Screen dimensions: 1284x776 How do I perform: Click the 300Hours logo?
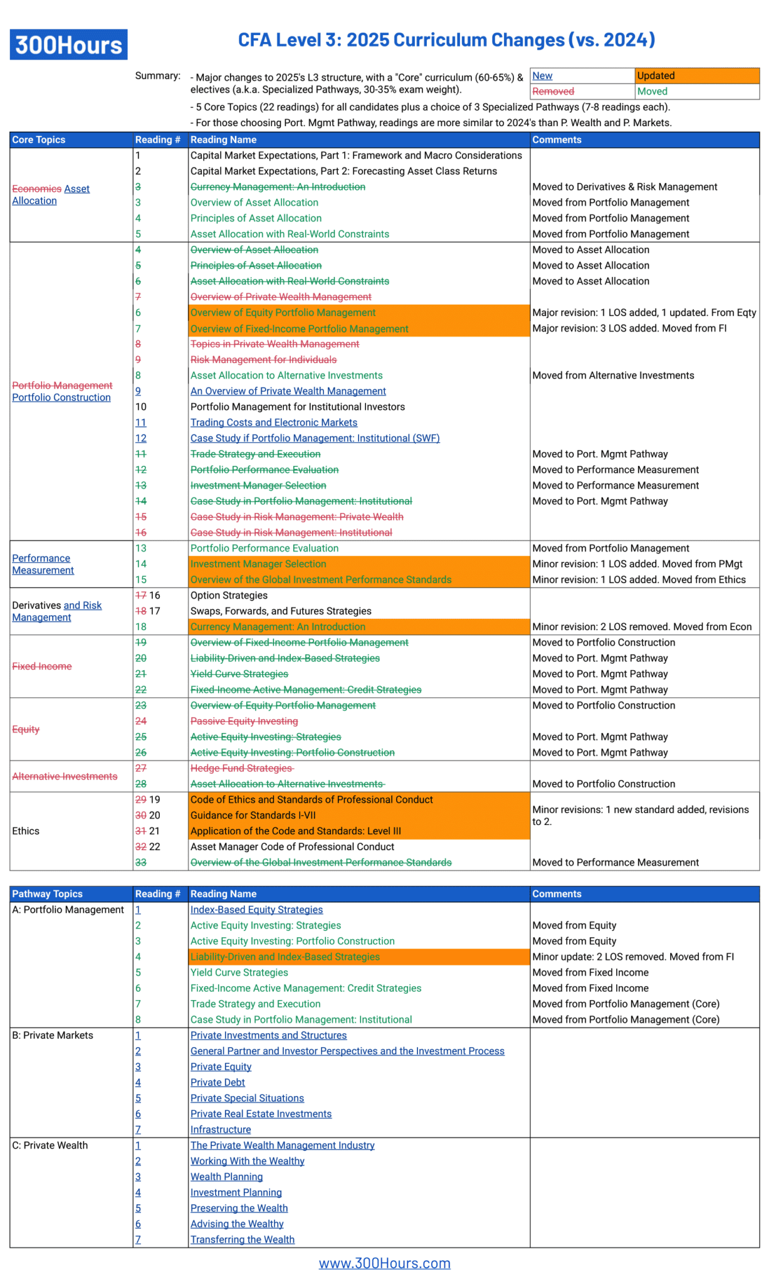pyautogui.click(x=68, y=45)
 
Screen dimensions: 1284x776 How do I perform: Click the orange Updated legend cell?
pyautogui.click(x=696, y=76)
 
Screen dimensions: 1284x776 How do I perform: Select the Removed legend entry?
pyautogui.click(x=553, y=92)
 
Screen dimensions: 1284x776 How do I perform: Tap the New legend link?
pyautogui.click(x=542, y=76)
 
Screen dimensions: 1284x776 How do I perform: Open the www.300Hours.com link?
pyautogui.click(x=384, y=1263)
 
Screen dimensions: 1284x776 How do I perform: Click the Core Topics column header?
pyautogui.click(x=39, y=140)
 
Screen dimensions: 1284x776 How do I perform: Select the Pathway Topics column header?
pyautogui.click(x=47, y=893)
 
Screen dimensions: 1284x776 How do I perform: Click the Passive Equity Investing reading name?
pyautogui.click(x=244, y=721)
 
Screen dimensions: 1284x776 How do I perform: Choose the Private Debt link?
pyautogui.click(x=218, y=1082)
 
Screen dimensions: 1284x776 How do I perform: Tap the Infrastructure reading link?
pyautogui.click(x=221, y=1129)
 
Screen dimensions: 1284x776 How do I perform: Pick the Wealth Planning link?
pyautogui.click(x=226, y=1177)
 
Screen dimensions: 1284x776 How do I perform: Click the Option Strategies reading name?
pyautogui.click(x=229, y=595)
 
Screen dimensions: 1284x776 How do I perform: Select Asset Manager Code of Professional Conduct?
pyautogui.click(x=292, y=846)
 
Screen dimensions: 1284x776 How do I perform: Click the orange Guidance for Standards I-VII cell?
pyautogui.click(x=359, y=815)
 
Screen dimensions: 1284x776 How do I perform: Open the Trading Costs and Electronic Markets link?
pyautogui.click(x=274, y=423)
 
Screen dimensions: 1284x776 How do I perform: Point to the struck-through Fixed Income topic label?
pyautogui.click(x=42, y=666)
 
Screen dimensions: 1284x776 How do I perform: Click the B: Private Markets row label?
pyautogui.click(x=53, y=1035)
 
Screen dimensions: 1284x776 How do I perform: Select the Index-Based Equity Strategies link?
pyautogui.click(x=256, y=910)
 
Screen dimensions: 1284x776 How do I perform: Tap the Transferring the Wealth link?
pyautogui.click(x=242, y=1239)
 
